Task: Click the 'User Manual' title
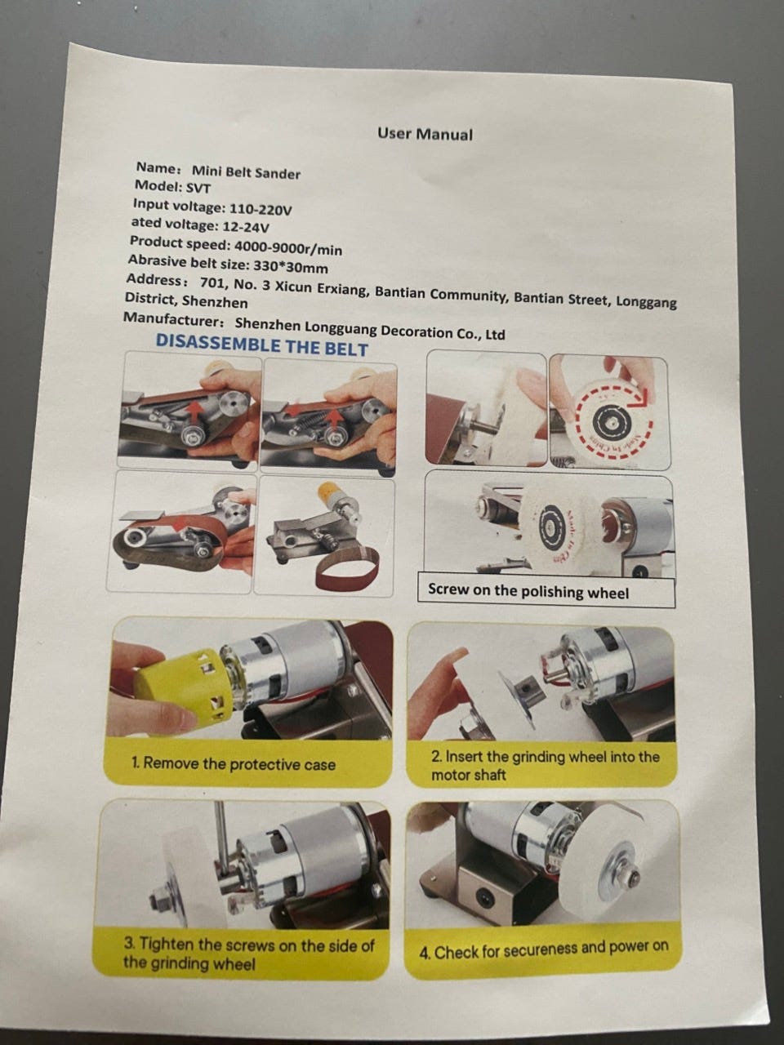[425, 134]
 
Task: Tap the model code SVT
[198, 188]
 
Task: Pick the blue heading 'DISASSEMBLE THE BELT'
[262, 345]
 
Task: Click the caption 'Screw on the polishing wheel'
[528, 591]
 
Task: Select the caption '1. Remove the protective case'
[234, 763]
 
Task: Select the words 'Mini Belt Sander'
[246, 172]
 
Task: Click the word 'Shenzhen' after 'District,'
[215, 302]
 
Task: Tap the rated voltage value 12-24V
[246, 227]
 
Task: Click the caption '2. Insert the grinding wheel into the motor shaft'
[545, 764]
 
